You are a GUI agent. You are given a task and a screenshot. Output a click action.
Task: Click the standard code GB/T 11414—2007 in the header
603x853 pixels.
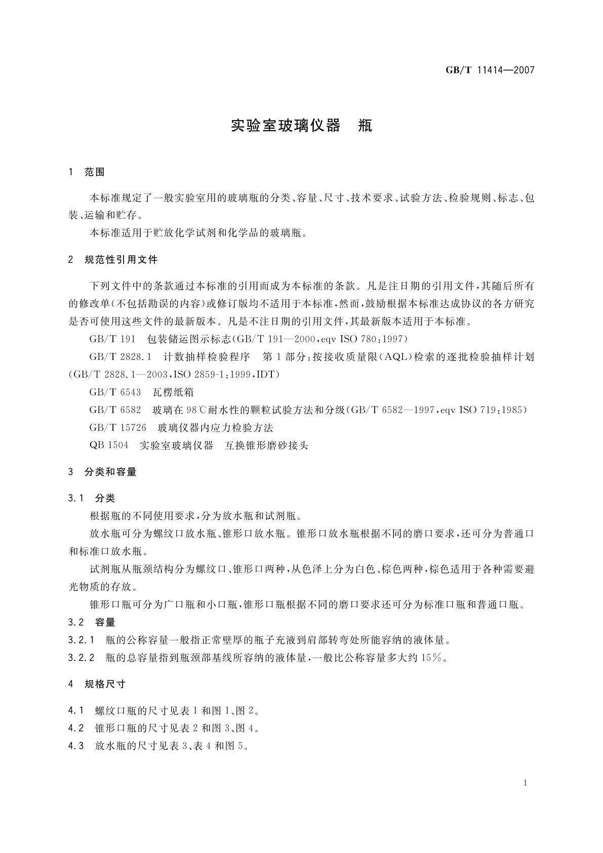490,70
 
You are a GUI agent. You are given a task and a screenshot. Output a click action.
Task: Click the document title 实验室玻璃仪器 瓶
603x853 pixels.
301,126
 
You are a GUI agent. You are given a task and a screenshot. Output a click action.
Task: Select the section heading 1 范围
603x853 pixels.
86,172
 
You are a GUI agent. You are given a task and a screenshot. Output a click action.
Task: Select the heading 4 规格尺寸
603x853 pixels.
97,684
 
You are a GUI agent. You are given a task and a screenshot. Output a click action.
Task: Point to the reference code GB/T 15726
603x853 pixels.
117,428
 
